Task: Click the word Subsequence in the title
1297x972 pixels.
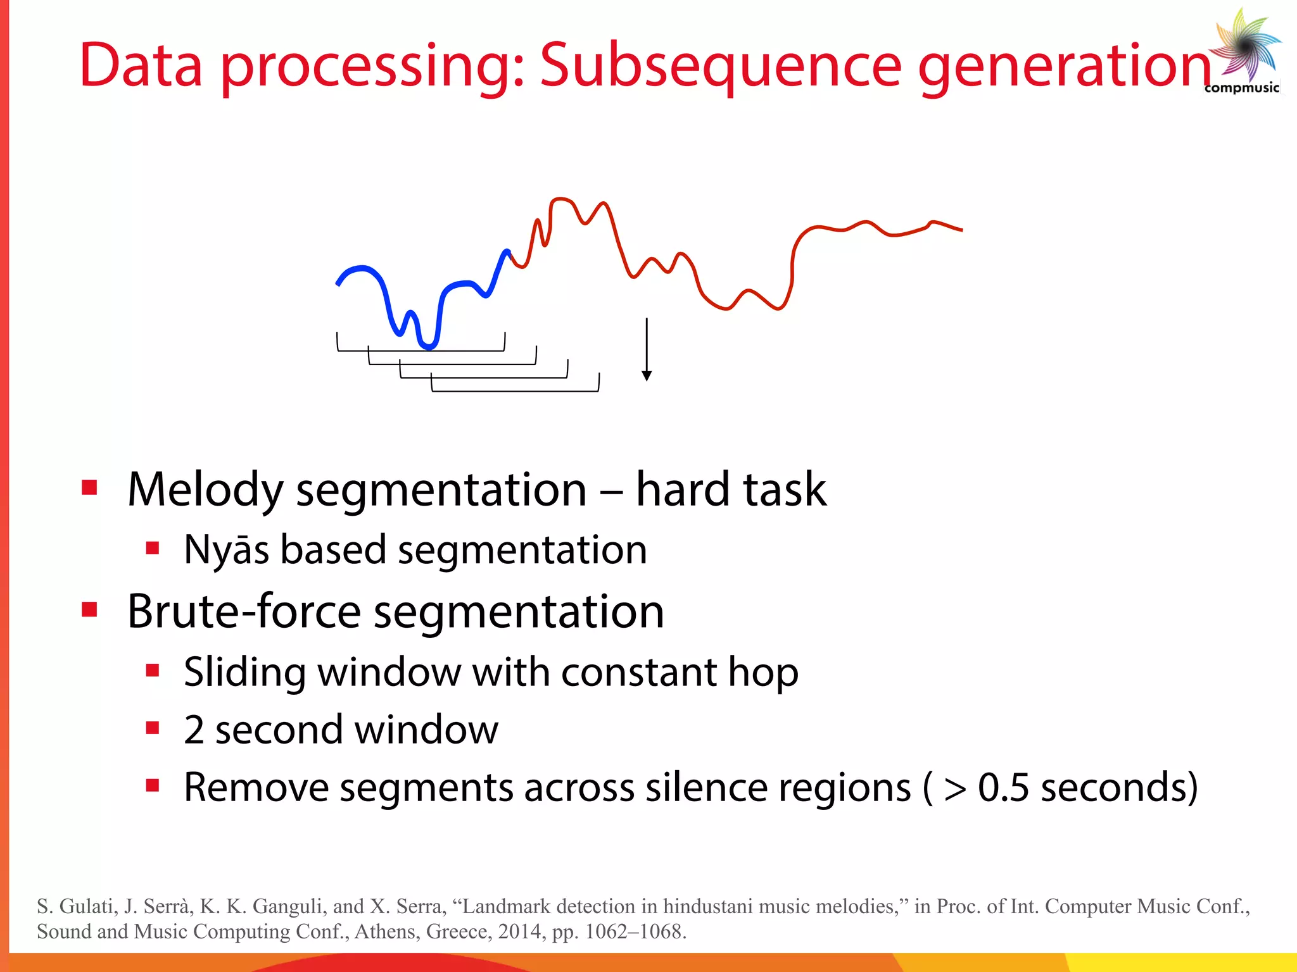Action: click(x=720, y=65)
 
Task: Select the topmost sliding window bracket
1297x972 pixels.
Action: click(x=421, y=349)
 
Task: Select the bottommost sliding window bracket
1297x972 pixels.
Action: click(x=515, y=390)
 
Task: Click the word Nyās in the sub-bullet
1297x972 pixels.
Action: click(x=225, y=549)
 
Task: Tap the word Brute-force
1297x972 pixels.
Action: click(x=243, y=611)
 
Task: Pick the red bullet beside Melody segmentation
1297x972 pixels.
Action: click(x=89, y=488)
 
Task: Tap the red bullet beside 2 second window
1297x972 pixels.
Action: click(x=152, y=728)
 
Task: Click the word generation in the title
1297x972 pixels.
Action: click(x=1064, y=65)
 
